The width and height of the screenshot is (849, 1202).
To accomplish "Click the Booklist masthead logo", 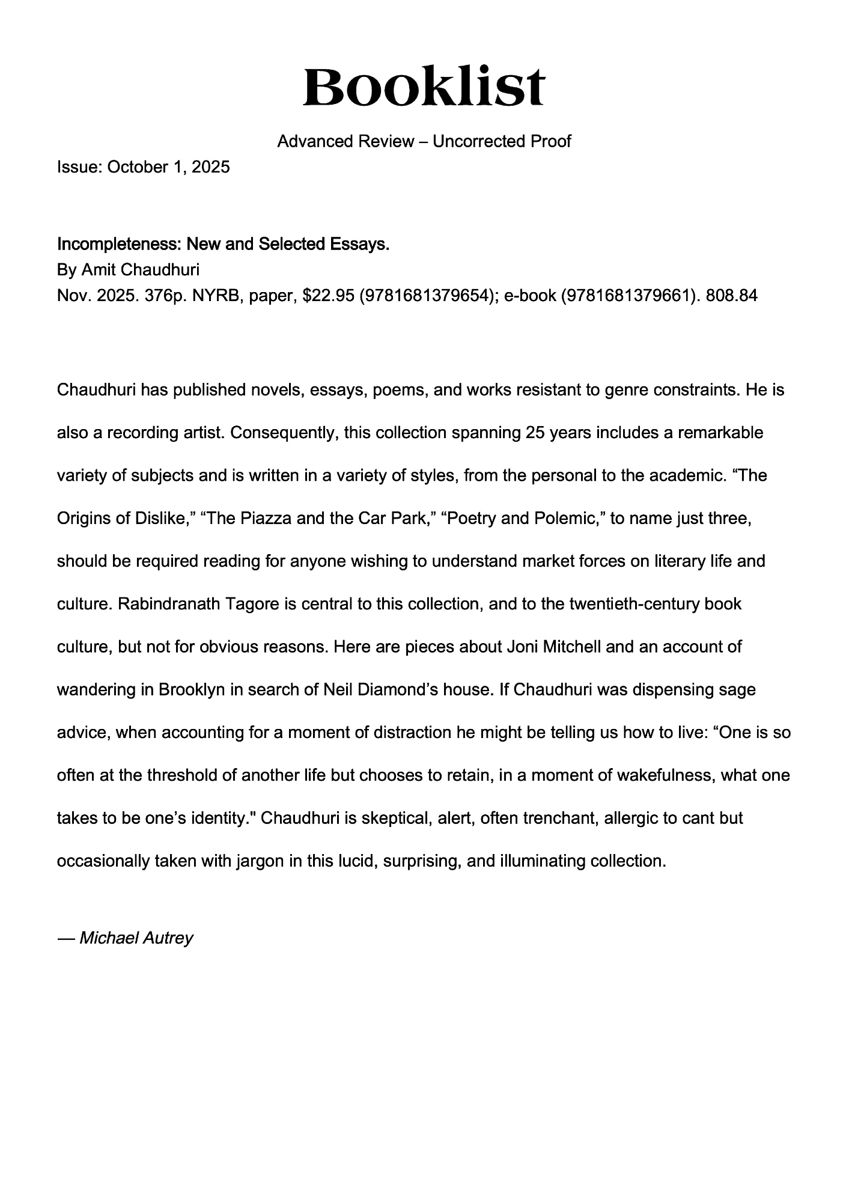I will click(424, 87).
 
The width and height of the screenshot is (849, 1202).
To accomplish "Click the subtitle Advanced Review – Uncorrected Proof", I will click(424, 142).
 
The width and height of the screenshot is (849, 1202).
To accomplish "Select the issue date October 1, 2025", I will click(168, 167).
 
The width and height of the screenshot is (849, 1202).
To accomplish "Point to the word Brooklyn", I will click(192, 690).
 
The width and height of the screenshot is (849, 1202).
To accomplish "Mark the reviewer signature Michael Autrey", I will click(136, 938).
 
